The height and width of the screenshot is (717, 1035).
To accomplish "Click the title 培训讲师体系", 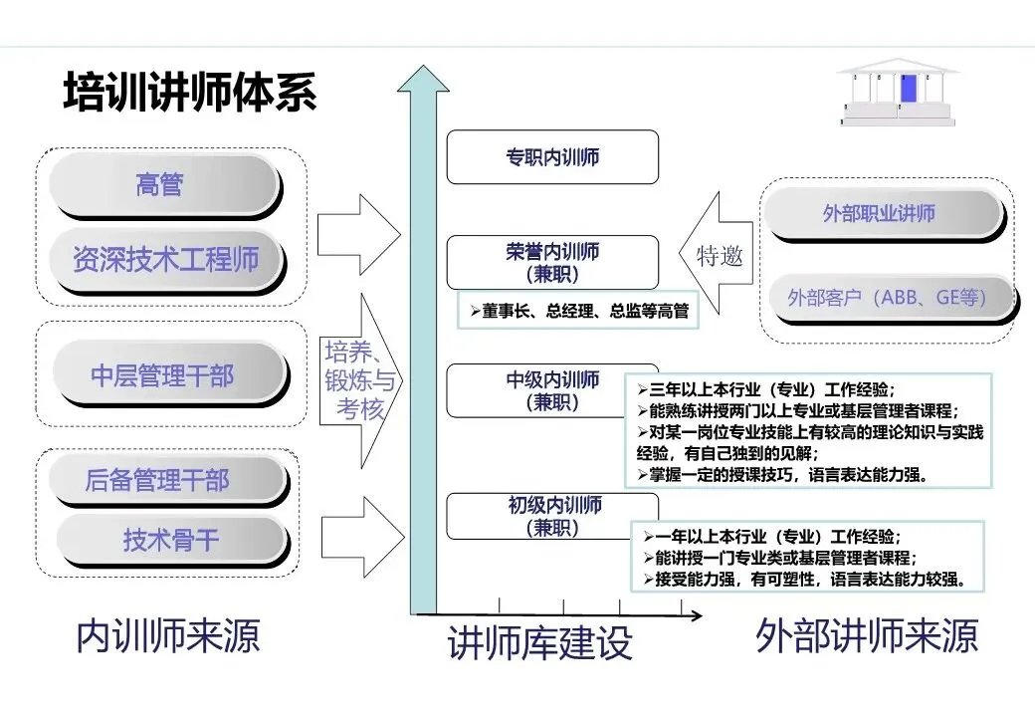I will (x=190, y=93).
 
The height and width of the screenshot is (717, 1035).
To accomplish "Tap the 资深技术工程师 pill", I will (x=165, y=259).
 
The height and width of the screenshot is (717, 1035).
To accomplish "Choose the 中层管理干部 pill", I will (x=164, y=375).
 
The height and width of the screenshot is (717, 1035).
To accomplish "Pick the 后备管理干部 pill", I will (x=158, y=481).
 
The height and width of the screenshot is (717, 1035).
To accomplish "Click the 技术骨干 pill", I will (x=170, y=540).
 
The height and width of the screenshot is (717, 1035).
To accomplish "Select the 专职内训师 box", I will (x=552, y=157).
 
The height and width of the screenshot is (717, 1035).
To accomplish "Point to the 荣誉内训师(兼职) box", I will (x=552, y=262).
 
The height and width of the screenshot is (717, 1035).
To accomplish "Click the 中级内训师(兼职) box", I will (x=552, y=389).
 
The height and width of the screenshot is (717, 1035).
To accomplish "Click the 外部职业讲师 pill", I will (x=880, y=213).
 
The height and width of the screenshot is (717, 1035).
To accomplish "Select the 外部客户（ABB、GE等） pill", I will (x=887, y=297).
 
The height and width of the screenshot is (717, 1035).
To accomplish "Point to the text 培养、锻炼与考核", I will (x=358, y=379).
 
